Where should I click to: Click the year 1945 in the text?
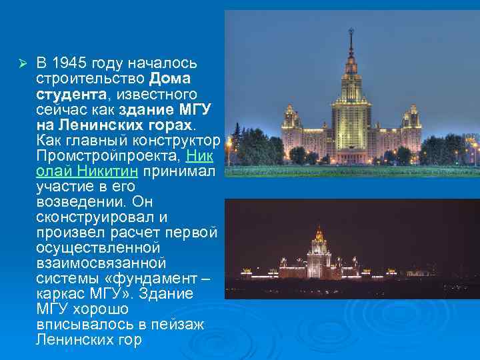point(69,63)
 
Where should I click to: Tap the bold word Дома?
point(170,79)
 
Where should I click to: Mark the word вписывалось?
point(75,325)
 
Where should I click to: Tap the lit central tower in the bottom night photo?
point(319,250)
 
